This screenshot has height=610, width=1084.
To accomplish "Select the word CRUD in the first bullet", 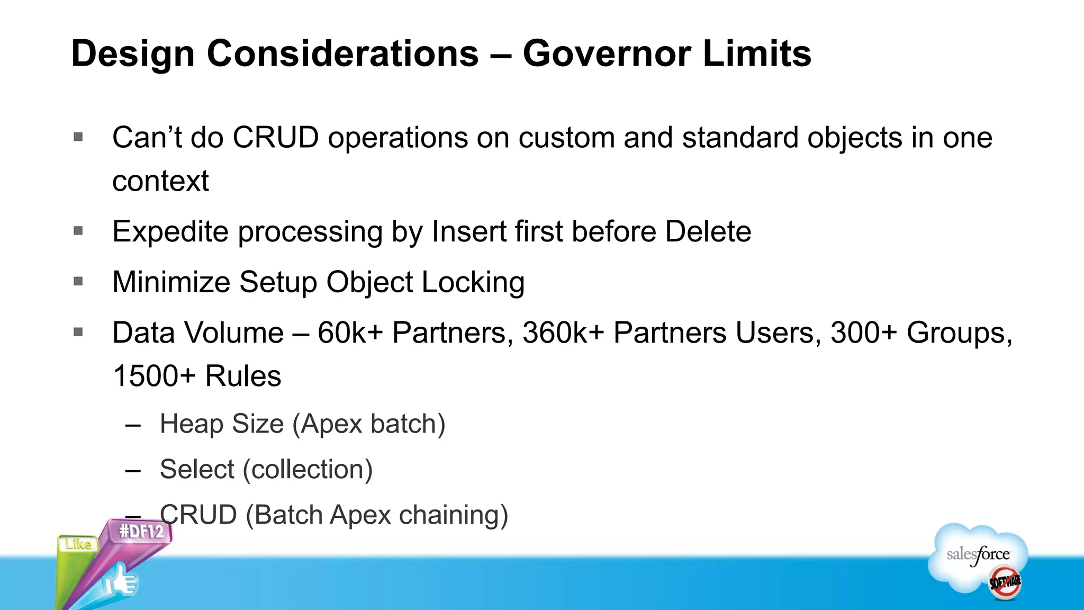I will tap(275, 138).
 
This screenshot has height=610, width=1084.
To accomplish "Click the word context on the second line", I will tap(160, 181).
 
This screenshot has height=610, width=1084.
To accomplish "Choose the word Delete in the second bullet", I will tap(708, 231).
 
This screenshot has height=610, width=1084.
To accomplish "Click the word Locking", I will tap(473, 282).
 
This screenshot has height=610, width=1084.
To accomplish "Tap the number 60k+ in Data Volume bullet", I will tap(350, 333).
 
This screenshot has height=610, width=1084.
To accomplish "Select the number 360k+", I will tap(563, 333).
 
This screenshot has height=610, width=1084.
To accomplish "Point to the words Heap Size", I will tap(222, 424).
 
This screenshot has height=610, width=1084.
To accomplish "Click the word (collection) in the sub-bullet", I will tap(308, 470).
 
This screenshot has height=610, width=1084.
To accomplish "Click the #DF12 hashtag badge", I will tap(141, 531).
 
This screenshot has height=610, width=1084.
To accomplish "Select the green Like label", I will tap(78, 544).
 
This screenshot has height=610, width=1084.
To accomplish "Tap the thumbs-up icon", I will tap(121, 582).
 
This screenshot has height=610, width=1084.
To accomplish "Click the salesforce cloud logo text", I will tap(978, 555).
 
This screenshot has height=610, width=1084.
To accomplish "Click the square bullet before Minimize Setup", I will tap(78, 281).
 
